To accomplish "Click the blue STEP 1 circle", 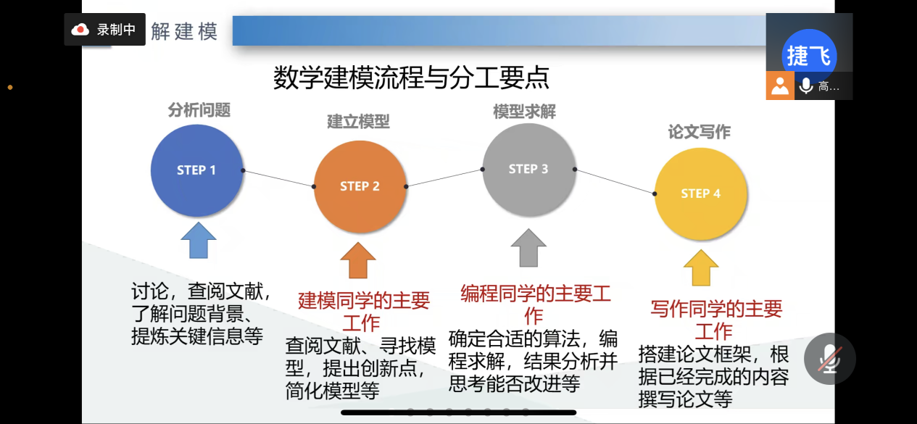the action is coord(197,170).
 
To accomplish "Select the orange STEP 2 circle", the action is coord(360,186).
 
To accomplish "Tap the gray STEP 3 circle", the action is coord(529,170).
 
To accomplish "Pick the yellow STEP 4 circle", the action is coord(701,194).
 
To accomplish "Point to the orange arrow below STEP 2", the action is coord(358,260).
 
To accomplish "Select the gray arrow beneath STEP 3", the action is coord(528,248).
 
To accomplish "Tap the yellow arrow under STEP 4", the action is coord(701,267).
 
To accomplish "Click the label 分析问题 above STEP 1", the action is coord(199,110).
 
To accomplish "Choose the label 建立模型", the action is coord(358,122).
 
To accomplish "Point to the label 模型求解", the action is coord(524,112).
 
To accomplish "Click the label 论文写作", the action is coord(700,132).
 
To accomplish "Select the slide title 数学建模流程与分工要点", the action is coord(411,78).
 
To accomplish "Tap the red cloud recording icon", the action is coord(80,30).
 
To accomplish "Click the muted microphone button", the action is coord(830,359).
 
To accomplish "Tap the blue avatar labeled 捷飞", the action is coord(809,56).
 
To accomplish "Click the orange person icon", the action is coord(780,86).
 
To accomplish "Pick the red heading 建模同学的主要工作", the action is coord(363,312).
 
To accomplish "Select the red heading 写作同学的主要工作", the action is coord(716,320).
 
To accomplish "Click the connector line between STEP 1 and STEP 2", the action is coord(278,178).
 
